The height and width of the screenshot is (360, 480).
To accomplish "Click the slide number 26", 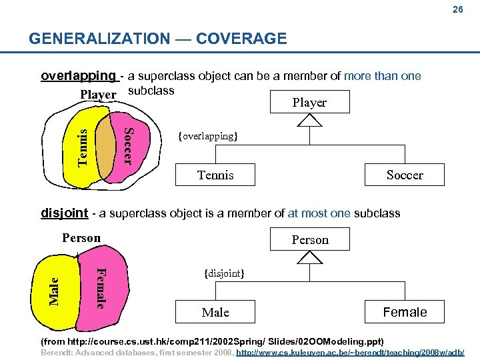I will point(457,10).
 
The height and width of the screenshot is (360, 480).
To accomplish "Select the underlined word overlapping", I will point(78,76).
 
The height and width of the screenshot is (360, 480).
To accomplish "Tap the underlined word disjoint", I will point(64,213).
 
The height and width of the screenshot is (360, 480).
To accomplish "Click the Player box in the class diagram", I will point(309,102).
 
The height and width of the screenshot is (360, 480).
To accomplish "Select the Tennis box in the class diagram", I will point(215,175).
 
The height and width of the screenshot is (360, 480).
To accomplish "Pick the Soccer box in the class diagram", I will point(405,175).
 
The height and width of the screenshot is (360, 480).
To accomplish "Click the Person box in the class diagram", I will point(310,239).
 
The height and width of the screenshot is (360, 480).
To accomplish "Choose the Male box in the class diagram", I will point(215,312).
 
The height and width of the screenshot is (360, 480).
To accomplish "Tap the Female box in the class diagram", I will point(405,312).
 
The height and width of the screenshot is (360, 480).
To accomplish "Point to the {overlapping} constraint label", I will point(207,136).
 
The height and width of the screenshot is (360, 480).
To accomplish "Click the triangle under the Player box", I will point(310,120).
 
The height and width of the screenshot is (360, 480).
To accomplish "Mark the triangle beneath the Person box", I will point(310,257).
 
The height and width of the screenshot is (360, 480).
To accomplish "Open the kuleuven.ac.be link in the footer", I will point(350,351).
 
